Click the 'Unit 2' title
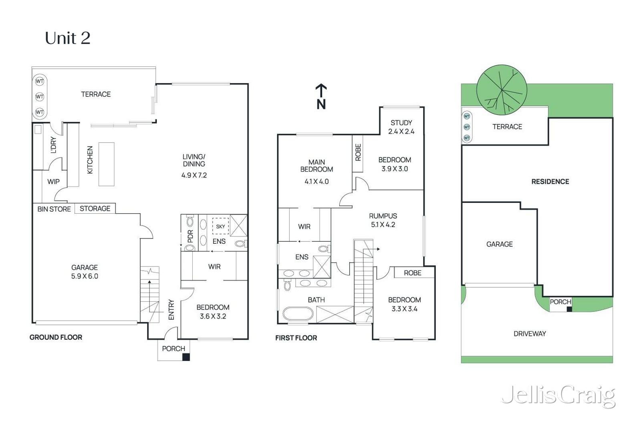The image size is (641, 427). (x=68, y=38)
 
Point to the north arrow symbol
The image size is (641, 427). (x=321, y=96)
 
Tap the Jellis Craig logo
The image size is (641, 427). (x=558, y=396)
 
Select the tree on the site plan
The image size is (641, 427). (x=502, y=90)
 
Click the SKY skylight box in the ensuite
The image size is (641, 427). (x=220, y=226)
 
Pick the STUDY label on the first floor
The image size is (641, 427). (x=401, y=122)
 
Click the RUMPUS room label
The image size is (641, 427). (x=383, y=216)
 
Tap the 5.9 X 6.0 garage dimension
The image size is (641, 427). (x=85, y=276)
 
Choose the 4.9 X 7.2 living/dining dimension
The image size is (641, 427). (x=194, y=175)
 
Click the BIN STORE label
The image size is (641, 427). (x=54, y=209)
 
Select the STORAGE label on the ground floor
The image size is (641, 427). (x=95, y=208)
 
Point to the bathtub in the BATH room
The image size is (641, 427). (x=298, y=314)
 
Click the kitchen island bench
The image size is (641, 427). (x=107, y=164)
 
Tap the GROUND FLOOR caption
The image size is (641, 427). (x=56, y=337)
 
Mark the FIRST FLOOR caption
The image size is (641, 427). (x=296, y=338)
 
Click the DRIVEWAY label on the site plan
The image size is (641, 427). (x=530, y=333)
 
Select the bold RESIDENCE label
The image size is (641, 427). (x=550, y=182)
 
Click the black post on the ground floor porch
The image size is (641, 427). (x=186, y=357)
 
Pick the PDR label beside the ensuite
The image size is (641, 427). (x=190, y=236)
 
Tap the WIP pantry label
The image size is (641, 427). (x=54, y=182)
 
